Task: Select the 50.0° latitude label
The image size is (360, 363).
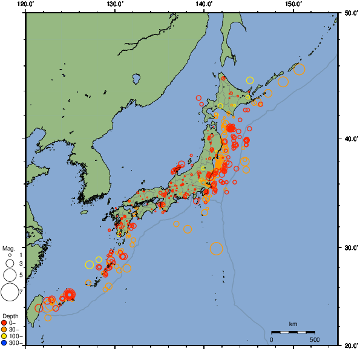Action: (349, 12)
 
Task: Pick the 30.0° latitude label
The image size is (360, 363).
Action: (349, 248)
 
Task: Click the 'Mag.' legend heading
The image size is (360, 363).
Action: (8, 248)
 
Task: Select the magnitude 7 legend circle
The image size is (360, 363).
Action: (9, 292)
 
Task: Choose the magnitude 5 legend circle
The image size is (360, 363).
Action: (9, 275)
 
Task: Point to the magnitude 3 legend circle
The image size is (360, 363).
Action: (9, 264)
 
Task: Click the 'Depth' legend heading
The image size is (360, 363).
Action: (10, 316)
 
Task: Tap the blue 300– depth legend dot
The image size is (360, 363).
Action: (4, 343)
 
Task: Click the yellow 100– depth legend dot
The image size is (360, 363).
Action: (4, 336)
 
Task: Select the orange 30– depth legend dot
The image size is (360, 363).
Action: (4, 329)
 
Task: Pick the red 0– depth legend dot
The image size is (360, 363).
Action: (4, 322)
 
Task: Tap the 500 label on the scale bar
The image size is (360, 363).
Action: (315, 339)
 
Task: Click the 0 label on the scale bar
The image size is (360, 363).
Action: (271, 339)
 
